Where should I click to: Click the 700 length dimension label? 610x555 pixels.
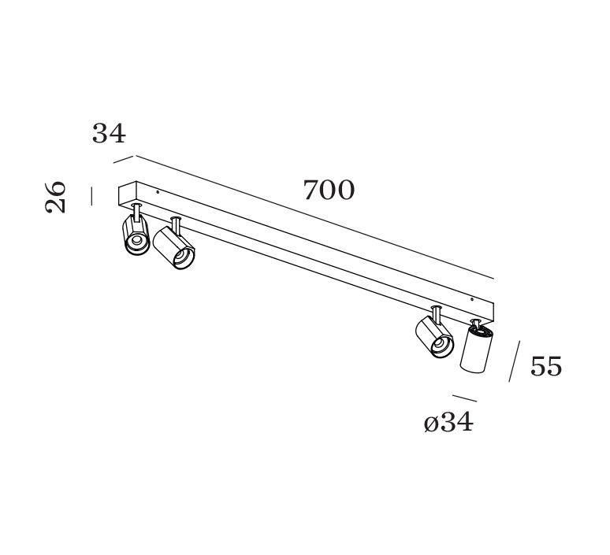pyautogui.click(x=329, y=190)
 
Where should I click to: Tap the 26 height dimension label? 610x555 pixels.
pyautogui.click(x=56, y=197)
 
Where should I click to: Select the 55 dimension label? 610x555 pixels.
pyautogui.click(x=546, y=366)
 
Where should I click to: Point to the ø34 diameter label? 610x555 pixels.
pyautogui.click(x=448, y=422)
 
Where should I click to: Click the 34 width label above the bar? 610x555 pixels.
pyautogui.click(x=109, y=133)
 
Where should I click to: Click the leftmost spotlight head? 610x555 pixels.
pyautogui.click(x=136, y=235)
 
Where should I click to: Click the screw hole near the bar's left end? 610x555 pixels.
pyautogui.click(x=157, y=191)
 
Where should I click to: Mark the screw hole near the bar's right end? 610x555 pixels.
pyautogui.click(x=471, y=299)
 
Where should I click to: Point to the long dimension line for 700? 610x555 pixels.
pyautogui.click(x=314, y=217)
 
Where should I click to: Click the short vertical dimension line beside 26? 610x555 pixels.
pyautogui.click(x=91, y=196)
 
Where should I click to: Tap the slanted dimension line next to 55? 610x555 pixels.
pyautogui.click(x=515, y=361)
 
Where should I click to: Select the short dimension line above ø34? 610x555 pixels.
pyautogui.click(x=464, y=398)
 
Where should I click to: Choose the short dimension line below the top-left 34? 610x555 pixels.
pyautogui.click(x=123, y=159)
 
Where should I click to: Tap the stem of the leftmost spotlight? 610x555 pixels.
pyautogui.click(x=136, y=212)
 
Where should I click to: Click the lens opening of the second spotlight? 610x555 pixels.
pyautogui.click(x=183, y=257)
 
